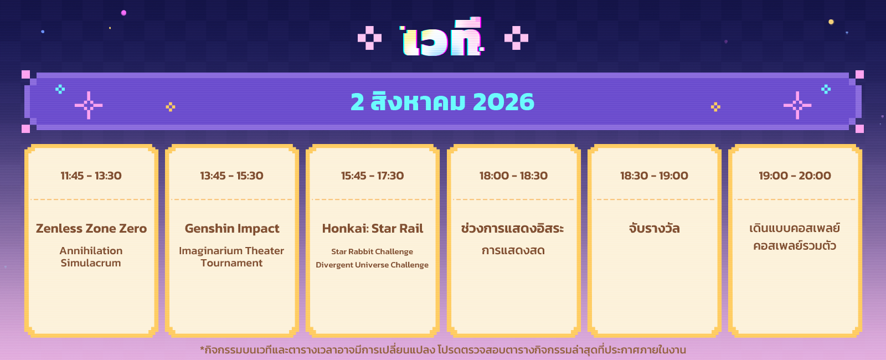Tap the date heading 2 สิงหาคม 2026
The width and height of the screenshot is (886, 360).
[x=442, y=102]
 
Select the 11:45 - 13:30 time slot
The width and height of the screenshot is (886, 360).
[x=91, y=176]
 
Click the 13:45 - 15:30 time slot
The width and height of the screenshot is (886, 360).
[x=232, y=176]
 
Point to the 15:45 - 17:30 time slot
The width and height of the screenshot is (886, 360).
[x=373, y=176]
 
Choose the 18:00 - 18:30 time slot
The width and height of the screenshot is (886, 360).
[x=513, y=176]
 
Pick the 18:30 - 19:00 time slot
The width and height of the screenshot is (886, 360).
[x=654, y=176]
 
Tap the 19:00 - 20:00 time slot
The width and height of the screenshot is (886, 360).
[x=795, y=176]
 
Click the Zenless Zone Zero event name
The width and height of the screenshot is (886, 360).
[x=91, y=229]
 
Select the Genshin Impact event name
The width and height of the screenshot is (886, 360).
[x=232, y=229]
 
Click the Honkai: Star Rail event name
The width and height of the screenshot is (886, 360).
[x=373, y=229]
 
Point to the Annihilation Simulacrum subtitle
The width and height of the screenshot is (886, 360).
[x=91, y=257]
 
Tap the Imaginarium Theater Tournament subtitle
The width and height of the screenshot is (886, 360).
[x=231, y=257]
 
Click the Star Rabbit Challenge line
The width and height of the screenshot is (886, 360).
[x=372, y=251]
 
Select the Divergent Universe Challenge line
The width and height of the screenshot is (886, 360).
[x=372, y=265]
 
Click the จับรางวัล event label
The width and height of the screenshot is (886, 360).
[x=654, y=228]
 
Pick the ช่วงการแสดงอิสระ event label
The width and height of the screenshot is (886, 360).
[x=513, y=228]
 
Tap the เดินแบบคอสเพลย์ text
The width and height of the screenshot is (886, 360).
[x=795, y=228]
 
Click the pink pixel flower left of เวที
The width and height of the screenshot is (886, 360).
[x=369, y=38]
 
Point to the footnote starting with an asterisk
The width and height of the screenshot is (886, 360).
[x=443, y=350]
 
